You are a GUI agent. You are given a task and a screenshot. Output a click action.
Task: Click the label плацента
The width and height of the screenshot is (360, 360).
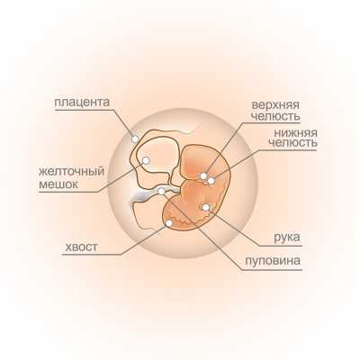pyautogui.click(x=82, y=103)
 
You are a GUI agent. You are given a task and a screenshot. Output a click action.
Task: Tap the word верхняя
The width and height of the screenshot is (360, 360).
pyautogui.click(x=275, y=105)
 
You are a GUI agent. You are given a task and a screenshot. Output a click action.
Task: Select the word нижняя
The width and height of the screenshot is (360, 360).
pyautogui.click(x=296, y=132)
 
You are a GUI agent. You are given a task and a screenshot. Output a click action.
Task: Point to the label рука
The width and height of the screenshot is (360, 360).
pyautogui.click(x=287, y=238)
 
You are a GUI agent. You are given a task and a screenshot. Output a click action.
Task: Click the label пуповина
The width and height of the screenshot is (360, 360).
pyautogui.click(x=273, y=260)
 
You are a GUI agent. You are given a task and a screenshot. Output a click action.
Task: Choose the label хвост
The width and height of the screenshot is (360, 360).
pyautogui.click(x=81, y=247)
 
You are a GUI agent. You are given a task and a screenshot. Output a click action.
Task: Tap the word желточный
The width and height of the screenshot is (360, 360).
pyautogui.click(x=71, y=172)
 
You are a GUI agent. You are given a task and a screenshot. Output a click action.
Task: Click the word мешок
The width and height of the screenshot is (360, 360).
pyautogui.click(x=58, y=184)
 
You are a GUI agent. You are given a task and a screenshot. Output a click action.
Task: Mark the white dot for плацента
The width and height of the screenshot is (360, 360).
pyautogui.click(x=135, y=139)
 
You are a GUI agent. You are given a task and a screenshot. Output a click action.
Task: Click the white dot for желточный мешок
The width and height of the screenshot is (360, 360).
pyautogui.click(x=146, y=160)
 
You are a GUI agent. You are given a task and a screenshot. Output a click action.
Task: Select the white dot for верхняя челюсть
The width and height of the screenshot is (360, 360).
pyautogui.click(x=203, y=175)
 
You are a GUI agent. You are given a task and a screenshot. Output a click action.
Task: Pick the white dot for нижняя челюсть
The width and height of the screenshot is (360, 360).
pyautogui.click(x=211, y=181)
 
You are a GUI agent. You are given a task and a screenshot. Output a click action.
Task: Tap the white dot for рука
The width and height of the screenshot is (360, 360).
pyautogui.click(x=206, y=207)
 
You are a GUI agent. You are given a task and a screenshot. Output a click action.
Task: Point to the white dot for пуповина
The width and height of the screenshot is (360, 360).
pyautogui.click(x=161, y=191)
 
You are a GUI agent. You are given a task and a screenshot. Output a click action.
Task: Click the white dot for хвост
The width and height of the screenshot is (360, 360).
pyautogui.click(x=169, y=223)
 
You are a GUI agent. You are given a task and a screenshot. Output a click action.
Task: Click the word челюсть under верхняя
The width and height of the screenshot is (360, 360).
pyautogui.click(x=275, y=116)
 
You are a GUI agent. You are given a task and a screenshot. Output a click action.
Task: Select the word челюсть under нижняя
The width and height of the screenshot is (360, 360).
pyautogui.click(x=293, y=143)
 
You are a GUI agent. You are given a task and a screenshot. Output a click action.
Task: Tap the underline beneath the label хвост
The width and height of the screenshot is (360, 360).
pyautogui.click(x=93, y=255)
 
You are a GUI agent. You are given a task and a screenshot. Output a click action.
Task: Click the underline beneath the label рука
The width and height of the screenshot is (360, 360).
pyautogui.click(x=281, y=246)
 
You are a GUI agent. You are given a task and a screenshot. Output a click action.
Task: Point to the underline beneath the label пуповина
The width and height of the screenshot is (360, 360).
pyautogui.click(x=273, y=270)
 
